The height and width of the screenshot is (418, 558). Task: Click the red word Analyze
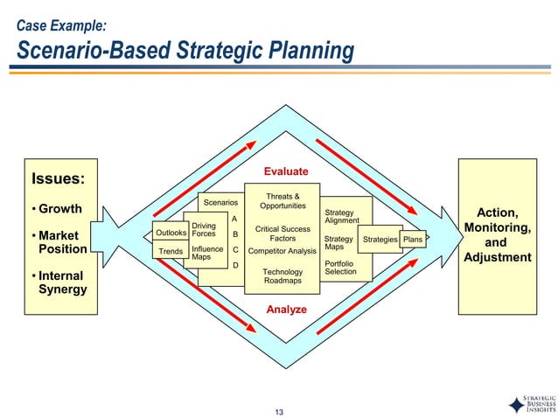coord(286,310)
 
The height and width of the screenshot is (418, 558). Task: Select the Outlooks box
coord(171,233)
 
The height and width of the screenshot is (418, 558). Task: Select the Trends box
coord(171,252)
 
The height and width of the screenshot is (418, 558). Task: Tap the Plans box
coord(413,239)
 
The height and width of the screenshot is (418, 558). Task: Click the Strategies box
coord(380,239)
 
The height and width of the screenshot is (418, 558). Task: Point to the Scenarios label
coord(220,202)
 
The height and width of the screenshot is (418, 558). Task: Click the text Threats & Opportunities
coord(282,201)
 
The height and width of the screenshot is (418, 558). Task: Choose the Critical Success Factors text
coord(282,233)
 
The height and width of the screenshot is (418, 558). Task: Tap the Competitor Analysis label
coord(282,252)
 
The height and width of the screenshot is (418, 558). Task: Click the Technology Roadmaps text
coord(282,276)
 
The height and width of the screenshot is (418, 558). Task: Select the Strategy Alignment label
coord(341,216)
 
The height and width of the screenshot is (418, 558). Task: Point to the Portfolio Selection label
coord(340,268)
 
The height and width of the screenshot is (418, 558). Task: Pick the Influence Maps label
coord(207,254)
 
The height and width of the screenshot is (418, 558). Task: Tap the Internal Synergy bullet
coord(59,282)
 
